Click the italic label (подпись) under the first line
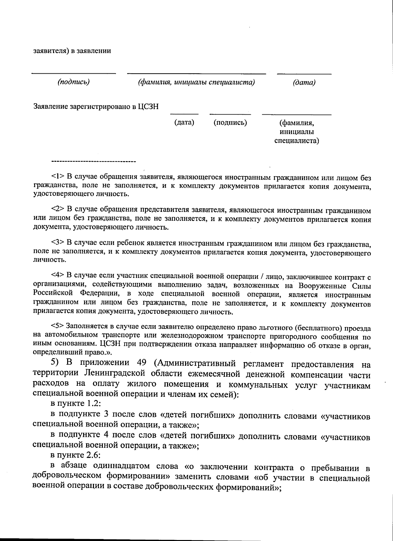point(74,82)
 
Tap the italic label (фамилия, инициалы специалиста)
point(196,82)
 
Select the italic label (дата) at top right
point(304,83)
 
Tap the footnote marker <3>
point(58,243)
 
